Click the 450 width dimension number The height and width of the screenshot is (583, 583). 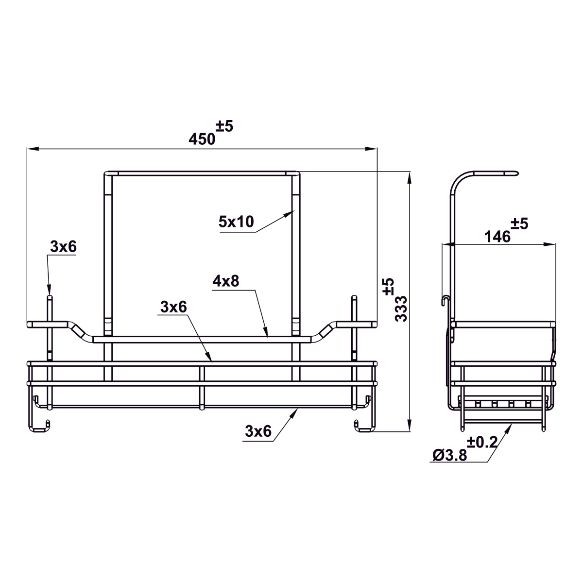click(x=202, y=139)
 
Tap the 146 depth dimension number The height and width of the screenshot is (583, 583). click(x=497, y=237)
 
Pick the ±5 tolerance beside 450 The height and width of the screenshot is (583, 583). click(x=225, y=126)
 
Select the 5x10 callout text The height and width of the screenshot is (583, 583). click(x=236, y=222)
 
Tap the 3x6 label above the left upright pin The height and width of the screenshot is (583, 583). click(x=63, y=247)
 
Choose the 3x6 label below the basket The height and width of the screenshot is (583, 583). click(x=258, y=431)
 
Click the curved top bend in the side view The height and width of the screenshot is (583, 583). click(x=459, y=180)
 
